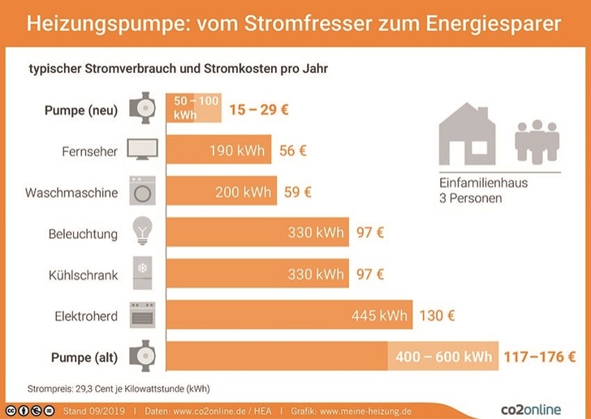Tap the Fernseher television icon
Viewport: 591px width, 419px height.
pos(144,151)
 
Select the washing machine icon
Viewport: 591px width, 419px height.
pos(144,192)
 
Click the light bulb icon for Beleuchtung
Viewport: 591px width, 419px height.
pos(144,234)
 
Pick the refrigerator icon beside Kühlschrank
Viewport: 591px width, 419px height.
pos(144,275)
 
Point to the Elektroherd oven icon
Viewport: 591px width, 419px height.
pos(144,316)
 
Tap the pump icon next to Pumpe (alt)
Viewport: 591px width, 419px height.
pos(144,357)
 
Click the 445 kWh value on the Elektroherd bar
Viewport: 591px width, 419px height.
pos(379,316)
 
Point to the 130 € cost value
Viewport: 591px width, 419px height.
pos(438,316)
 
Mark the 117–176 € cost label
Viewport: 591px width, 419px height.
pos(540,357)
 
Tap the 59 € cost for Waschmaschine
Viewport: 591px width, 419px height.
pos(297,192)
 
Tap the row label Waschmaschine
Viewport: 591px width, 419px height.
pos(71,193)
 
